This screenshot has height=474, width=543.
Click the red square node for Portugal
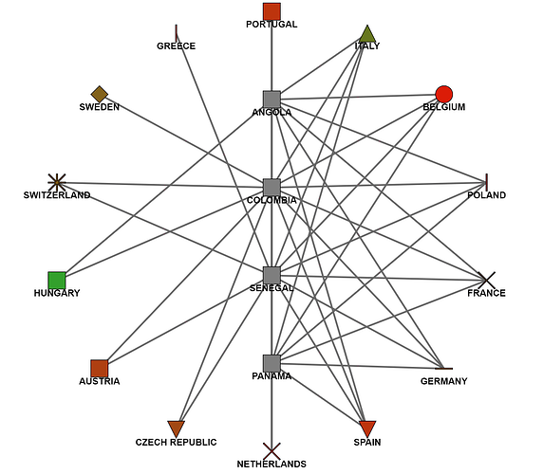point(271,11)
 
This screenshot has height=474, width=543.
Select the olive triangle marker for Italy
point(367,35)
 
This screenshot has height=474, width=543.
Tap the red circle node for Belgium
point(443,94)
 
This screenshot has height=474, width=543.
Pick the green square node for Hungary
point(57,281)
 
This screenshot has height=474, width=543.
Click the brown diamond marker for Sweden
point(100,94)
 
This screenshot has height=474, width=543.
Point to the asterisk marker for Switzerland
point(57,181)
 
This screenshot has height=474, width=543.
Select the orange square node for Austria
point(100,368)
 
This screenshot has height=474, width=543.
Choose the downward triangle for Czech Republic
point(176,428)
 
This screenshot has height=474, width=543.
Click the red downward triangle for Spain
point(367,428)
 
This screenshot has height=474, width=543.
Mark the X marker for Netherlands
point(271,450)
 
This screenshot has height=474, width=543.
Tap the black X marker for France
point(486,280)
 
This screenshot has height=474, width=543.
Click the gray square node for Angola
point(271,99)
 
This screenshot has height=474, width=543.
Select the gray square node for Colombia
point(271,187)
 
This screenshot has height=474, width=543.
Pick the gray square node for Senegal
point(271,275)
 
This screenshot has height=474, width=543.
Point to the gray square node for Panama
point(271,363)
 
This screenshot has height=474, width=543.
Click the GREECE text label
point(176,46)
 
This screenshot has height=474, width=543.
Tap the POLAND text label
point(486,195)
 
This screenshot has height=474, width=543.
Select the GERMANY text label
point(443,381)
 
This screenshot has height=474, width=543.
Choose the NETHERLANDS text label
point(271,464)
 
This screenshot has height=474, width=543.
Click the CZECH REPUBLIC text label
point(176,442)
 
